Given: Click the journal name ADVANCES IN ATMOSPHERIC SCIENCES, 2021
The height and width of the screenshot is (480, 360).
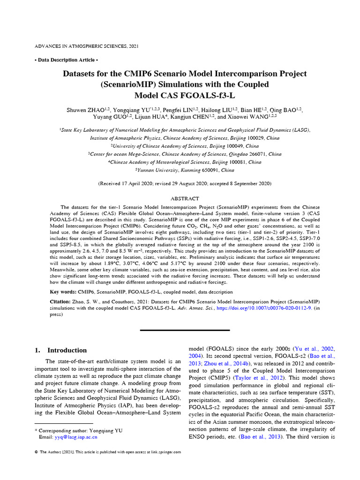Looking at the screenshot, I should [x=87, y=46].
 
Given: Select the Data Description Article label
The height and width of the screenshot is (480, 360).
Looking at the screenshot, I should [x=66, y=60].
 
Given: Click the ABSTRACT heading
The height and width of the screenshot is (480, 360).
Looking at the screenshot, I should [x=184, y=199].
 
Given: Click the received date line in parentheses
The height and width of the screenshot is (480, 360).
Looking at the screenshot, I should [x=184, y=184].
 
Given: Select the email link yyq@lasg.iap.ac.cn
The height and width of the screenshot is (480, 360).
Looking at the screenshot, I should [x=68, y=436].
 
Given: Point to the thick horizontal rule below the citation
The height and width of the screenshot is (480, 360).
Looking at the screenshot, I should [x=185, y=330].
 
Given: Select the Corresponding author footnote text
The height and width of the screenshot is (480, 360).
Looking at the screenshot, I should [x=79, y=430].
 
